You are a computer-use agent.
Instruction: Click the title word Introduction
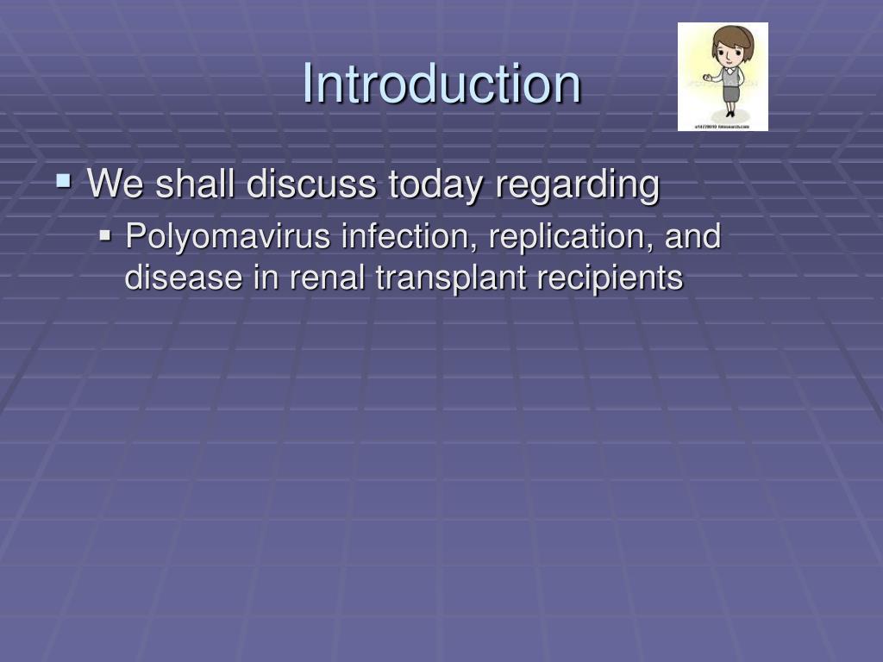pyautogui.click(x=441, y=84)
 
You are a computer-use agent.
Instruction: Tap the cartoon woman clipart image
pyautogui.click(x=723, y=77)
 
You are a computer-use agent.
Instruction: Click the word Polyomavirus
pyautogui.click(x=229, y=237)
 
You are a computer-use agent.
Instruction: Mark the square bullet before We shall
pyautogui.click(x=63, y=181)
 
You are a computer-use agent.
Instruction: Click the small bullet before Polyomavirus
pyautogui.click(x=105, y=234)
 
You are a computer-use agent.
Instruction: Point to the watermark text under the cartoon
pyautogui.click(x=723, y=127)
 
